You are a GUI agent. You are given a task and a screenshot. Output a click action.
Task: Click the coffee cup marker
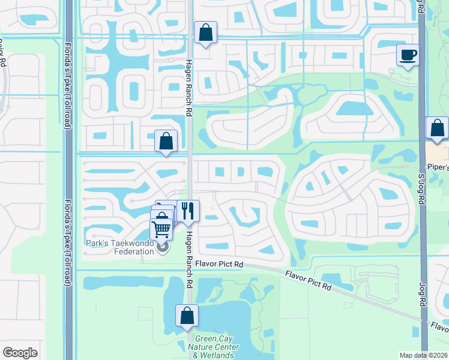pyautogui.click(x=408, y=56)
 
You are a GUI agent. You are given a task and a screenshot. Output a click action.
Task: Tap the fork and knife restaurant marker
pyautogui.click(x=188, y=211)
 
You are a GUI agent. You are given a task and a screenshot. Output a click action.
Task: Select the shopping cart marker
pyautogui.click(x=161, y=229)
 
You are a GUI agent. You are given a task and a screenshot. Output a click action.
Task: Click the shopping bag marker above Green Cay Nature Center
pyautogui.click(x=187, y=315)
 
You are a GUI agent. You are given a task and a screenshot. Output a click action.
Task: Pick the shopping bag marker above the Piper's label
pyautogui.click(x=437, y=128)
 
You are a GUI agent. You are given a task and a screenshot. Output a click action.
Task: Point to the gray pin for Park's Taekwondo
pyautogui.click(x=163, y=246)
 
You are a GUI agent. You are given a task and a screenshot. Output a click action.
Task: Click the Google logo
pyautogui.click(x=20, y=353)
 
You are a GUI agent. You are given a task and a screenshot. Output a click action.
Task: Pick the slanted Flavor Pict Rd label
pyautogui.click(x=309, y=280)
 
